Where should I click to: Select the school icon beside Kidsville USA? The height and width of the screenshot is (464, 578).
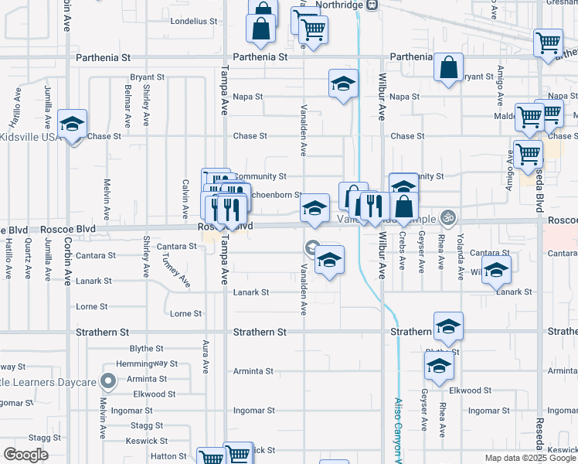[73, 125]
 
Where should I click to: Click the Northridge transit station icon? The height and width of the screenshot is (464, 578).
[372, 5]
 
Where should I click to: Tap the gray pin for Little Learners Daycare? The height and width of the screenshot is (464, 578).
[109, 380]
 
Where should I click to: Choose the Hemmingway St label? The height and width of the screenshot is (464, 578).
[147, 363]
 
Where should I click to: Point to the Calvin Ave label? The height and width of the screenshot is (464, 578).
[185, 199]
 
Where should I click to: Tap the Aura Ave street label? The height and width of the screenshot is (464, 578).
[206, 356]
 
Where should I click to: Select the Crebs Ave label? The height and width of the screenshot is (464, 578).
[403, 251]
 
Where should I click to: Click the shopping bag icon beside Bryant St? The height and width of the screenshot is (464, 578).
[448, 70]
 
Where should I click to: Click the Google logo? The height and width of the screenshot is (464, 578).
[25, 455]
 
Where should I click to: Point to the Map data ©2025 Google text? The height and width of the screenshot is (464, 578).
[530, 458]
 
